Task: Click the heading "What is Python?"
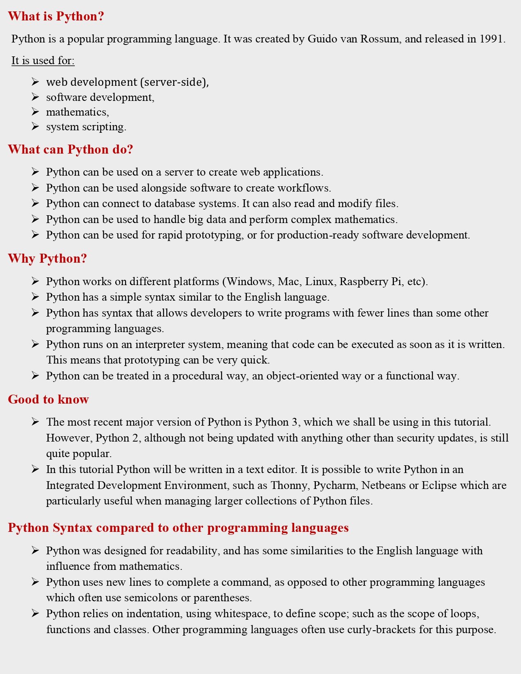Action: point(56,16)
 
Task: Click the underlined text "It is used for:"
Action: point(43,60)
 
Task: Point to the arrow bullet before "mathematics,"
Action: point(35,112)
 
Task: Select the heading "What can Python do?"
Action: point(70,150)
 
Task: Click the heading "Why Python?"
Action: point(47,259)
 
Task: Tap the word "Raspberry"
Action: point(364,281)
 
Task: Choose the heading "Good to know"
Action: point(48,399)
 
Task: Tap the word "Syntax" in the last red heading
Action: point(72,528)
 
